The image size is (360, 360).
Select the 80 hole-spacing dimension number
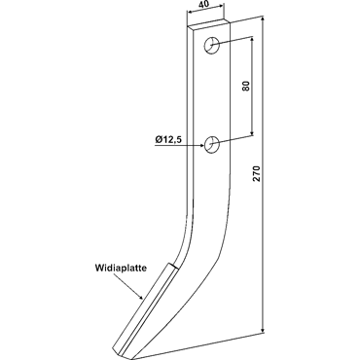tap(247, 86)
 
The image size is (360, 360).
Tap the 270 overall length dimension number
tap(257, 174)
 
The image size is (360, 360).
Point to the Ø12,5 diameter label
tap(168, 139)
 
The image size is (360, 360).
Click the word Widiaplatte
tap(121, 268)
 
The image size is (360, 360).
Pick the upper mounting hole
tap(212, 46)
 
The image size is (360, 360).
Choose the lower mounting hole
tap(212, 144)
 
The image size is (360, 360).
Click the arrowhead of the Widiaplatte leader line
tap(140, 296)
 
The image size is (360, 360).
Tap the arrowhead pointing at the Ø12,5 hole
tap(201, 146)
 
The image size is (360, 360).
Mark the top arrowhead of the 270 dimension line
tap(263, 18)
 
